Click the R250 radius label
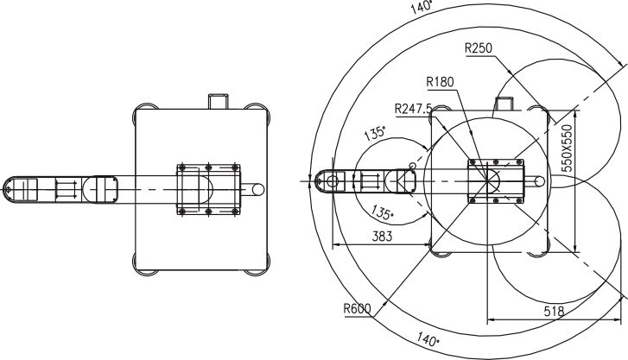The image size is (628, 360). pos(479,48)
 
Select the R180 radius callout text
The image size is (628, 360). pos(440,82)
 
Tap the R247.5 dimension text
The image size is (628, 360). pos(413,109)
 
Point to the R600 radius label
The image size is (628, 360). pos(358,309)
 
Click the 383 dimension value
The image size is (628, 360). pos(382,237)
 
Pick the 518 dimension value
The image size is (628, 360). pos(554,311)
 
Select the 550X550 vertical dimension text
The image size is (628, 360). pos(567,148)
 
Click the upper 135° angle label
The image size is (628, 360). pos(375,133)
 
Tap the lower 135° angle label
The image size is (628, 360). pos(383,212)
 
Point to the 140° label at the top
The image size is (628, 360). pos(422,7)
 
